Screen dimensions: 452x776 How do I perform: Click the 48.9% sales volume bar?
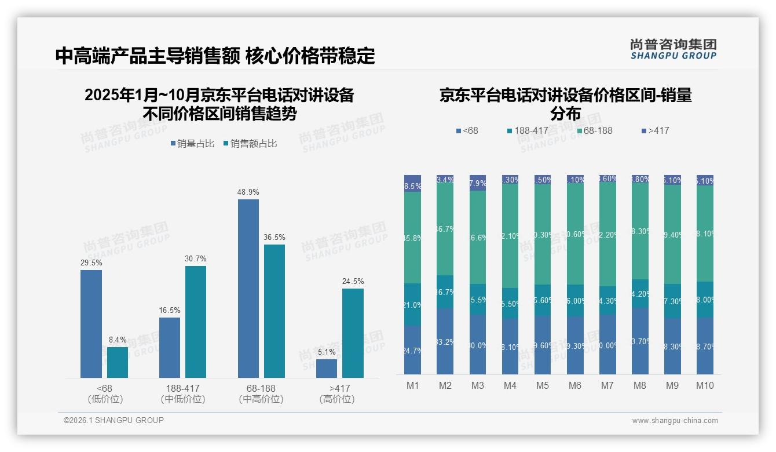coord(248,289)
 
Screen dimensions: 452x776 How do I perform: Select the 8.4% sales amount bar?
coord(118,362)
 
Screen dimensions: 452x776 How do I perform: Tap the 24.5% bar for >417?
coord(353,333)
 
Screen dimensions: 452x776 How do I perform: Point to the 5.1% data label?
coord(327,352)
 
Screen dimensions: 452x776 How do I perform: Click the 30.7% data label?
coord(196,258)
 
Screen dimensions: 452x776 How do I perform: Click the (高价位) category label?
coord(336,399)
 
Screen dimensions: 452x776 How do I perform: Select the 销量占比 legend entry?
coord(192,144)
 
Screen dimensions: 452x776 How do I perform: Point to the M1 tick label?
coord(412,385)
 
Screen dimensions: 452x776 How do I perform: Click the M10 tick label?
coord(705,385)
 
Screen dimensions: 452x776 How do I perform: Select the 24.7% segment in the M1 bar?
coord(412,350)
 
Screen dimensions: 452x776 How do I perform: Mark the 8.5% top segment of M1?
coord(412,183)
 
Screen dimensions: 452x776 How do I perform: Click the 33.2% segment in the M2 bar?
coord(445,341)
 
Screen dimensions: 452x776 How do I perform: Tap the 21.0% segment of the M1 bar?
coord(412,305)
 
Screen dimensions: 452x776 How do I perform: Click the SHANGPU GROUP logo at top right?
coord(673,49)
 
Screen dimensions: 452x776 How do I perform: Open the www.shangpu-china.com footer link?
coord(675,421)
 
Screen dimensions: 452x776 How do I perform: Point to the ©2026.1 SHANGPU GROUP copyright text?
coord(114,420)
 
